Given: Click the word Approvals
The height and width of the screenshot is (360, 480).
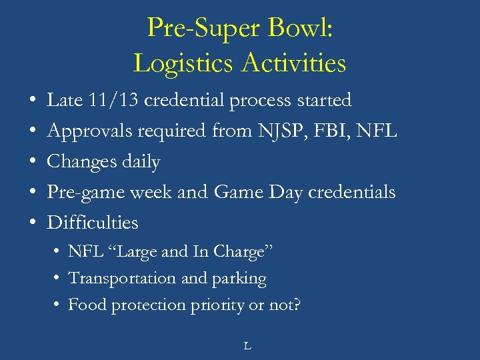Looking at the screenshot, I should [90, 131].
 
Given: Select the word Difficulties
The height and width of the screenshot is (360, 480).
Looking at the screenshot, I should [93, 223].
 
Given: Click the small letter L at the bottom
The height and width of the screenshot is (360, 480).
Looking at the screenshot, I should [247, 345].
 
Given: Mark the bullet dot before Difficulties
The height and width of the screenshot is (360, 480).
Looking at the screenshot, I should [33, 223].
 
